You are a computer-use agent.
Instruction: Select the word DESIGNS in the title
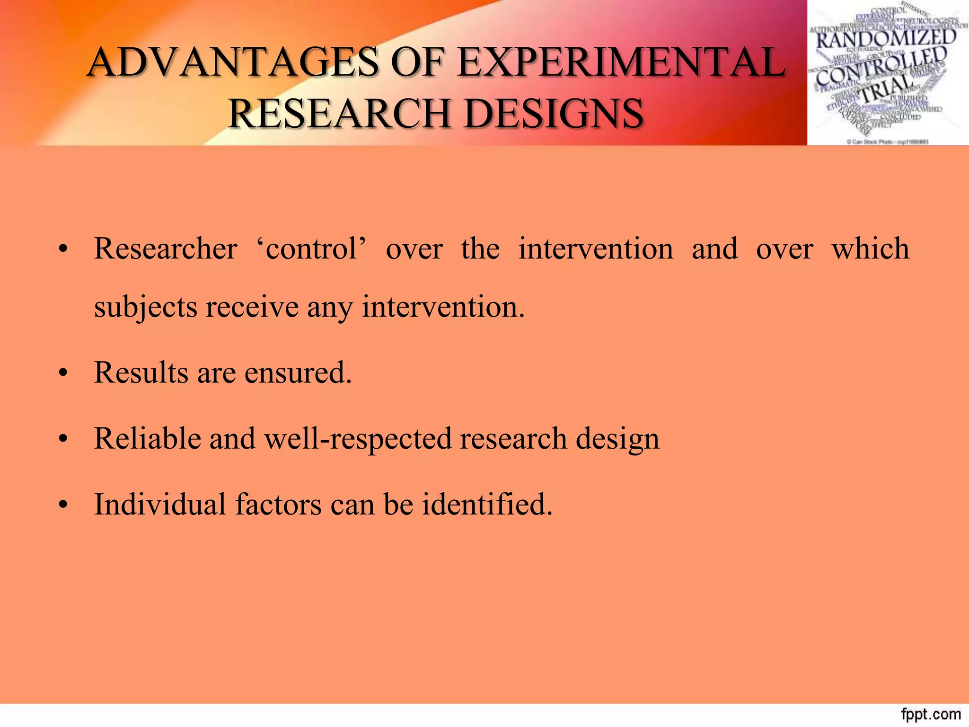click(x=553, y=114)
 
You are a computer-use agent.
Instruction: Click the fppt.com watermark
click(x=931, y=714)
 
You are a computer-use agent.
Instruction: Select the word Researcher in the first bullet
click(x=166, y=248)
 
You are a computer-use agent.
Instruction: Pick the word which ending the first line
click(x=870, y=248)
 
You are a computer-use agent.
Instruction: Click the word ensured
click(x=298, y=372)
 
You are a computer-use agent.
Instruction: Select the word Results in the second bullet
click(x=141, y=372)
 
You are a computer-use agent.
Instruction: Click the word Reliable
click(x=147, y=438)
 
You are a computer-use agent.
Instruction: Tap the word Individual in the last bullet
click(x=160, y=504)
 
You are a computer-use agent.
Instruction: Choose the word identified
click(x=487, y=504)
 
